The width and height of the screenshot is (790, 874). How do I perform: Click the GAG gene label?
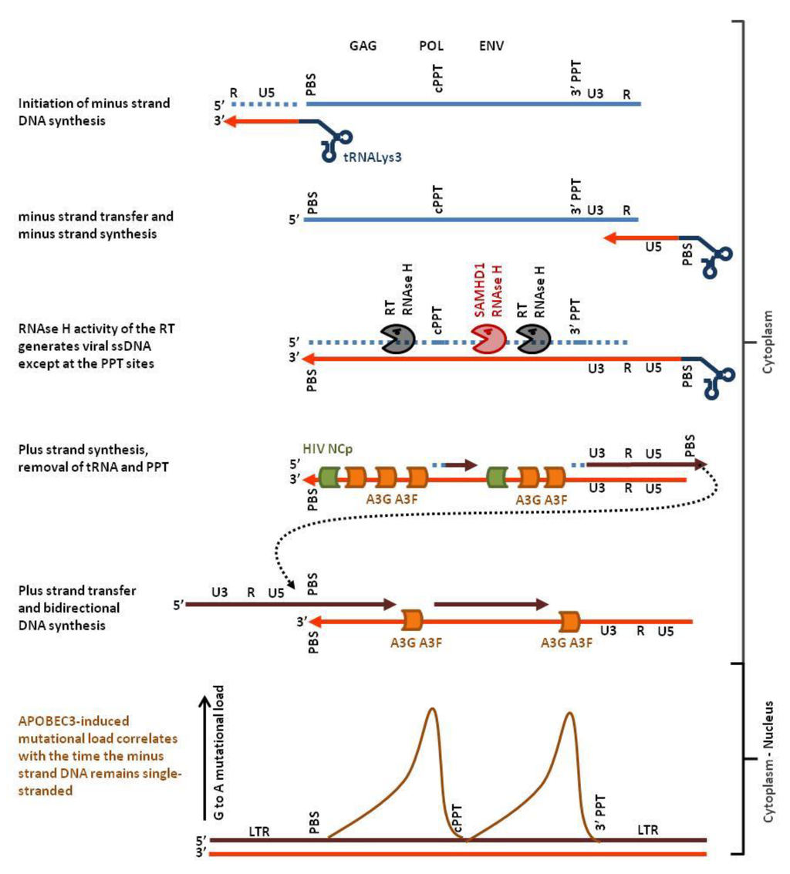click(362, 46)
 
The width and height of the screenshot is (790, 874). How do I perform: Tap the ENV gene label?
click(491, 46)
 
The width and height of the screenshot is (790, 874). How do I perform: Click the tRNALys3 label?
click(373, 156)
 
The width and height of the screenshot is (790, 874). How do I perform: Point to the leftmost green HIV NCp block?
click(329, 477)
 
